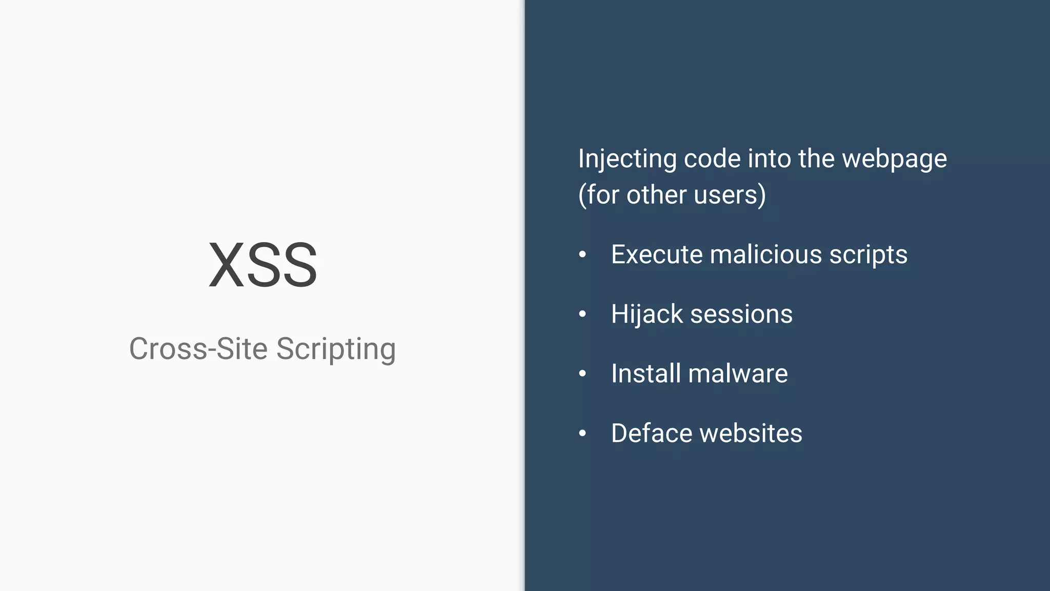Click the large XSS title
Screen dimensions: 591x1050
point(263,265)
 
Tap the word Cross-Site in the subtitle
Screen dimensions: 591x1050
point(198,349)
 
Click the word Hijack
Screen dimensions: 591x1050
point(647,314)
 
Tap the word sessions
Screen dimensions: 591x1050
point(741,314)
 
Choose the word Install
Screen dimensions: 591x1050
point(645,373)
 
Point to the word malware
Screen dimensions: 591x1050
point(738,373)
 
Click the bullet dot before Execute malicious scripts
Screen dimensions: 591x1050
point(582,254)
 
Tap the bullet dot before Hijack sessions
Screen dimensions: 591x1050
point(582,314)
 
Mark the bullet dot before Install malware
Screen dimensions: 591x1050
point(582,373)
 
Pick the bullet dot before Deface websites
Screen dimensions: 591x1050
point(582,433)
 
